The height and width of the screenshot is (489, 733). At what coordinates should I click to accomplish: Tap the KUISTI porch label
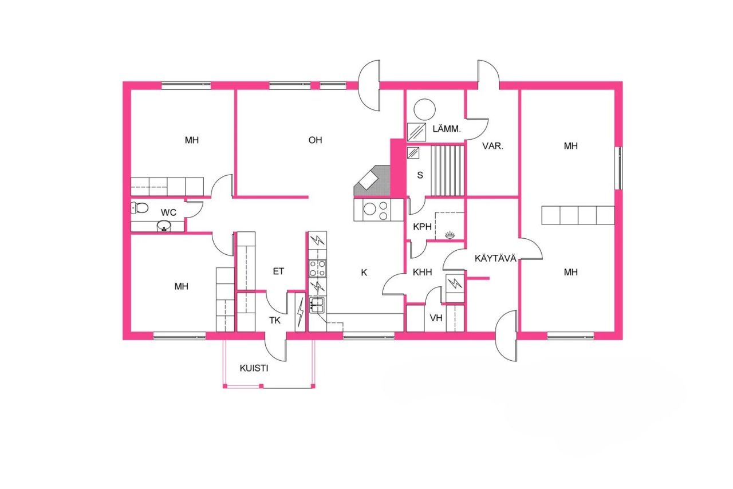tap(254, 368)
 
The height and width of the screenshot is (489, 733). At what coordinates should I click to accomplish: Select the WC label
tap(168, 213)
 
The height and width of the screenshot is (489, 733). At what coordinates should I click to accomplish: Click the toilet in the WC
tap(140, 207)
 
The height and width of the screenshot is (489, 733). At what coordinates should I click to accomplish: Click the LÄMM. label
tap(447, 130)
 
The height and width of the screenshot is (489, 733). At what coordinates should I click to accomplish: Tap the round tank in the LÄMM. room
tap(425, 109)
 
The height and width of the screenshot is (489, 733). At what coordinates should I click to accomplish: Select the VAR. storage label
tap(492, 146)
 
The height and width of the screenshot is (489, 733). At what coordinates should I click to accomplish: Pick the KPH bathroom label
tap(422, 227)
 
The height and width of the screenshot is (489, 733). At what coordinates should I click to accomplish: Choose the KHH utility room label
tap(423, 273)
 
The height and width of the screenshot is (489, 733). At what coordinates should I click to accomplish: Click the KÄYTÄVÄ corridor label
tap(496, 259)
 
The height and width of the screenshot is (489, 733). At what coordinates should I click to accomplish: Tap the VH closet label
tap(436, 319)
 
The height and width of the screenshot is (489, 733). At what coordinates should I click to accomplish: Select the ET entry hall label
tap(278, 271)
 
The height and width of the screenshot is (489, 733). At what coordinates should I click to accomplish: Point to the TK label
tap(275, 320)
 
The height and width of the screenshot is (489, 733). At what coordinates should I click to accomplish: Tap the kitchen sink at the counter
tap(317, 305)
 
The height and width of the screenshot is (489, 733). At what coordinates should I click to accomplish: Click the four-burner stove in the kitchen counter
tap(317, 268)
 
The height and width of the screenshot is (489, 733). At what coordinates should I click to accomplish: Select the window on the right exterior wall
tap(618, 168)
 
